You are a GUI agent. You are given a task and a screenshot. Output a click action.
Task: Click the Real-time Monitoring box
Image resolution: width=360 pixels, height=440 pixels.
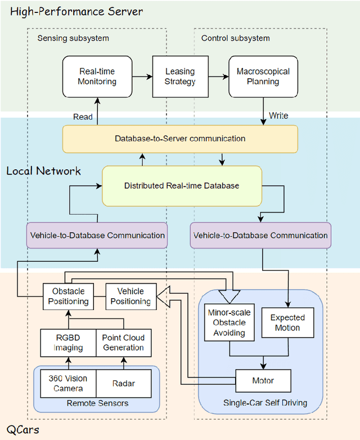[97, 77]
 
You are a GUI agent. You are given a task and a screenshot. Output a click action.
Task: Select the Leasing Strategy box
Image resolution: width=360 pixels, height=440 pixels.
[180, 77]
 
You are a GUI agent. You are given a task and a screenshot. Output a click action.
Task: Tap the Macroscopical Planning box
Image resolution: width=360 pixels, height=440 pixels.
[263, 77]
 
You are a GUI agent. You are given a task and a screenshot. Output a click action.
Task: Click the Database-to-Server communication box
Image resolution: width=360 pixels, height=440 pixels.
[179, 138]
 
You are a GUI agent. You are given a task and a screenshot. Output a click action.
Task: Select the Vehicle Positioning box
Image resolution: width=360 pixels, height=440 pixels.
[130, 296]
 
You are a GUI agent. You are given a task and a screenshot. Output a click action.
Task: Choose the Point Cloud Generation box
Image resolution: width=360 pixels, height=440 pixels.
[123, 343]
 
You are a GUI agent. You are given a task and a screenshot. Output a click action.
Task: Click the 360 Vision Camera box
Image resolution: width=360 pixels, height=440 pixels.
[67, 383]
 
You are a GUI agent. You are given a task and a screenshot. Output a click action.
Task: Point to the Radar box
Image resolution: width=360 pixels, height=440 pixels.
[123, 383]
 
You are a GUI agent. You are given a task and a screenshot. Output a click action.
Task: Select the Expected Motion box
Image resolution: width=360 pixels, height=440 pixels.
[287, 322]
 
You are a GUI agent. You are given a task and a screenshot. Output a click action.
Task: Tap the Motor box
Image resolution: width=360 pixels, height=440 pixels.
[263, 381]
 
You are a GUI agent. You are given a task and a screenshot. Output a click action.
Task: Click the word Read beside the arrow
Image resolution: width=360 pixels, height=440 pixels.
[83, 116]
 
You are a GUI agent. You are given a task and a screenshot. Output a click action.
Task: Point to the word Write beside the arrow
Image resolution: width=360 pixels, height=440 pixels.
[278, 115]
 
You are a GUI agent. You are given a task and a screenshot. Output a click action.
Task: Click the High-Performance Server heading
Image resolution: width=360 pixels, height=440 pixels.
[76, 11]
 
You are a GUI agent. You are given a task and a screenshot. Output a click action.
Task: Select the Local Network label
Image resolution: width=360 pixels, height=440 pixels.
[43, 170]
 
